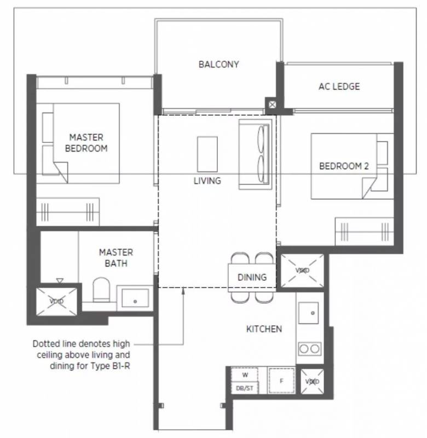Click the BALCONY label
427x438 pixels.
pyautogui.click(x=218, y=65)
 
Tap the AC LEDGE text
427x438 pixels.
pyautogui.click(x=339, y=87)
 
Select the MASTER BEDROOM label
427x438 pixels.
pyautogui.click(x=86, y=143)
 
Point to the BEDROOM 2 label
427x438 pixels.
pyautogui.click(x=344, y=166)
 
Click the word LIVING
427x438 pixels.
pyautogui.click(x=207, y=181)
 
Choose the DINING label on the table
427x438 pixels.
pyautogui.click(x=252, y=278)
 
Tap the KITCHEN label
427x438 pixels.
pyautogui.click(x=264, y=329)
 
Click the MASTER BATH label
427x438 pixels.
pyautogui.click(x=116, y=258)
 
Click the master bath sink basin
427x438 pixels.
pyautogui.click(x=135, y=298)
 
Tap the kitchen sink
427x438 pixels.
pyautogui.click(x=308, y=313)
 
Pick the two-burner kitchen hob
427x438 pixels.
pyautogui.click(x=309, y=349)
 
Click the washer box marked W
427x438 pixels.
pyautogui.click(x=245, y=375)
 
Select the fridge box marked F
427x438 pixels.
pyautogui.click(x=281, y=381)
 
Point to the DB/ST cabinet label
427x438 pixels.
pyautogui.click(x=245, y=388)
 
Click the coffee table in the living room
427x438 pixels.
pyautogui.click(x=207, y=154)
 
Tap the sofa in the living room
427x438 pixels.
pyautogui.click(x=255, y=154)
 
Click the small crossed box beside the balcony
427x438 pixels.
pyautogui.click(x=272, y=105)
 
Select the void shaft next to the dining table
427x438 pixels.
pyautogui.click(x=302, y=270)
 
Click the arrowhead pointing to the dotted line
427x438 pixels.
pyautogui.click(x=183, y=291)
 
